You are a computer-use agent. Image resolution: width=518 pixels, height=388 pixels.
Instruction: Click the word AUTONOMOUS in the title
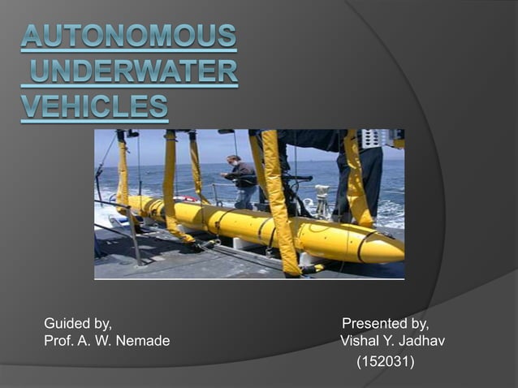129,37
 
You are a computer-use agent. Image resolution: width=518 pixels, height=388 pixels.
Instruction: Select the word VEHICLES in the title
95,107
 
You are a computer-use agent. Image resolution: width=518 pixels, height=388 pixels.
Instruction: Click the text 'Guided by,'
78,324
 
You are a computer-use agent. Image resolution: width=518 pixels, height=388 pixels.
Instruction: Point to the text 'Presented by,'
386,324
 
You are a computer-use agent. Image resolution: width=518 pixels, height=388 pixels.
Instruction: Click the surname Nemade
143,341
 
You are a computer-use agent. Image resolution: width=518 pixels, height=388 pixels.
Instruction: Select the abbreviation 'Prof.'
58,341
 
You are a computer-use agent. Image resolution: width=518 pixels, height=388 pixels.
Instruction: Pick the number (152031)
386,360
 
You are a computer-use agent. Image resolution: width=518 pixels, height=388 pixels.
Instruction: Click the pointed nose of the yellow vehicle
399,253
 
